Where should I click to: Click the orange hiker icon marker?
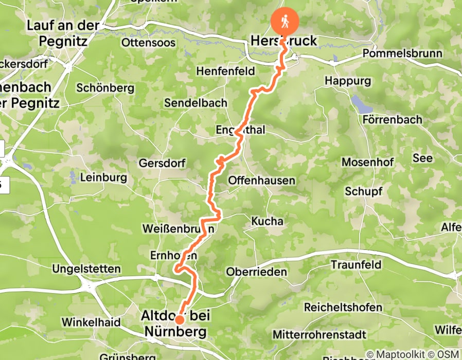click(285, 22)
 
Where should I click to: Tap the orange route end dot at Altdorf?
click(180, 319)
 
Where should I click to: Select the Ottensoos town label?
click(149, 42)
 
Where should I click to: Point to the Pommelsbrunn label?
click(402, 53)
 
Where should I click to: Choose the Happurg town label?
click(348, 81)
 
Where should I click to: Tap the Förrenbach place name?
click(392, 119)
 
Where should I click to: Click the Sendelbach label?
click(196, 103)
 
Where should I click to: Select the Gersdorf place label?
click(162, 163)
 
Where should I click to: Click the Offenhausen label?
click(262, 180)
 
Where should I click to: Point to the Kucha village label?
click(267, 221)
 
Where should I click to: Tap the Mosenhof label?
click(368, 162)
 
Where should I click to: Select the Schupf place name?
click(364, 191)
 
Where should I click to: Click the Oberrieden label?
click(256, 272)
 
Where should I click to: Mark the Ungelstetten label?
click(86, 268)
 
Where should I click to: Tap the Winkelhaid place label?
click(91, 322)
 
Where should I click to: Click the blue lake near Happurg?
click(362, 103)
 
